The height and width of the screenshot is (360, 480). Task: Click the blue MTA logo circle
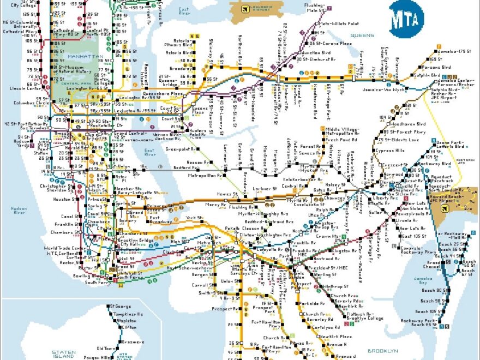coord(406,19)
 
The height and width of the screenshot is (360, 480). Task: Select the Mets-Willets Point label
coord(338,24)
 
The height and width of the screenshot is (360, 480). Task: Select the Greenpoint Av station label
coord(179,149)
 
